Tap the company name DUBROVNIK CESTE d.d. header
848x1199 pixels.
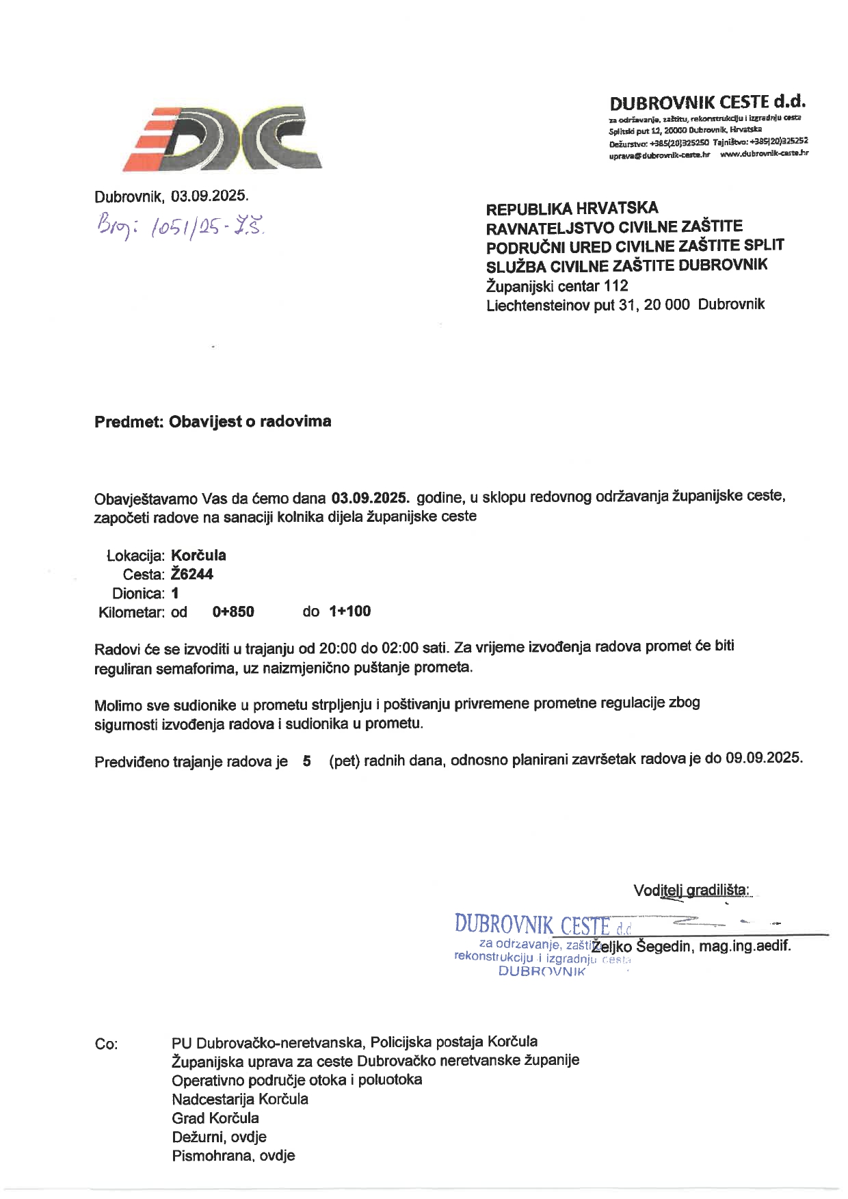tap(707, 103)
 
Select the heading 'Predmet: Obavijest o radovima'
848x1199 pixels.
tap(213, 421)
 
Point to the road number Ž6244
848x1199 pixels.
tap(192, 575)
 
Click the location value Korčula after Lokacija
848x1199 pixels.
tap(198, 555)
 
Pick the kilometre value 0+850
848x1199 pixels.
tap(233, 611)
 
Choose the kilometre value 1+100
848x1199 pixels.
tap(349, 611)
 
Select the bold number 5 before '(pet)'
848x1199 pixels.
tap(307, 761)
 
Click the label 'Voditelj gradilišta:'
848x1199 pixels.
tap(691, 891)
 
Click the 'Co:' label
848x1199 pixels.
tap(106, 1044)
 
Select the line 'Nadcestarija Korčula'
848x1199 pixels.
tap(240, 1099)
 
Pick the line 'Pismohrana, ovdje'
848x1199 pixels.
tap(233, 1156)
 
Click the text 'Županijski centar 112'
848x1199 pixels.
tap(557, 286)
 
